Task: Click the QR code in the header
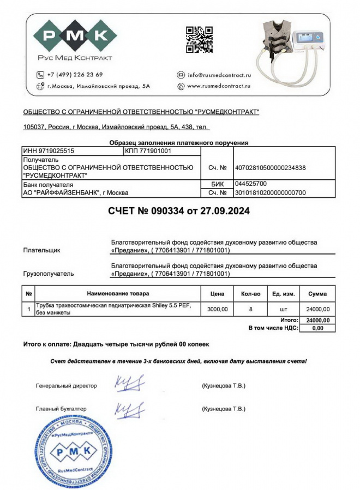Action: coord(196,40)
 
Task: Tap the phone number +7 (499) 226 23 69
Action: coord(75,75)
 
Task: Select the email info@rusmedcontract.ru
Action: coord(219,75)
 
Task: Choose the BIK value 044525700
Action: coord(250,184)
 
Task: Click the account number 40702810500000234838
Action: coord(269,168)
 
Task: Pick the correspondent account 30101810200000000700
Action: coord(269,192)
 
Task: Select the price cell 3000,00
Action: coord(217,309)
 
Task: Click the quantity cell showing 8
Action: coord(250,309)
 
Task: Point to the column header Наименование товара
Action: coord(117,294)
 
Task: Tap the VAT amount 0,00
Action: coord(318,328)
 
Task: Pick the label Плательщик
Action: coord(41,251)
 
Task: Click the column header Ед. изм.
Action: coord(284,294)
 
